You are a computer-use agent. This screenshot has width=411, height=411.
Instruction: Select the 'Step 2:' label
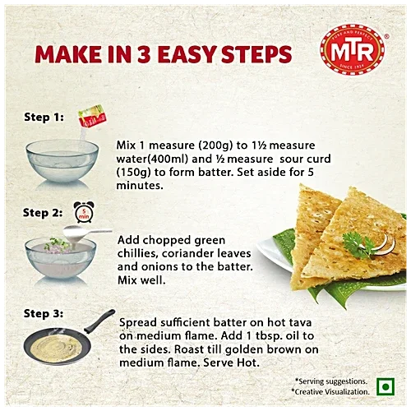coord(43,212)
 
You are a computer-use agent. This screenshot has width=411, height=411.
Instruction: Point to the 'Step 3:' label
coord(43,313)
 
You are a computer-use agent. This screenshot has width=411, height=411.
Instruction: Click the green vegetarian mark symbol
coord(380,386)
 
